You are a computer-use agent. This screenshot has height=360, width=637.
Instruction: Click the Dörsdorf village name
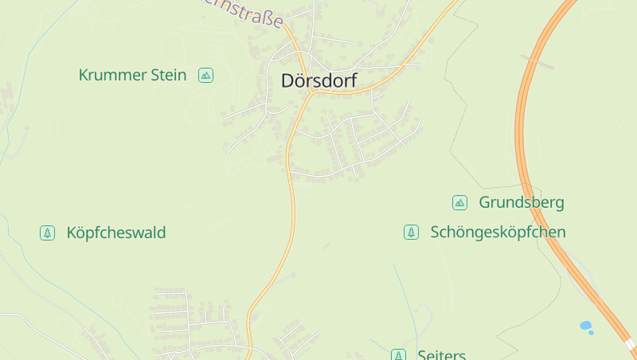(x=318, y=80)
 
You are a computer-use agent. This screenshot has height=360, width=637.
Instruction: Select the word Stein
(x=169, y=76)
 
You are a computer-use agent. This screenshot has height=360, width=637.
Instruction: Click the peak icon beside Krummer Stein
(x=206, y=75)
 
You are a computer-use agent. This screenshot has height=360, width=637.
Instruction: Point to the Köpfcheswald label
(x=116, y=233)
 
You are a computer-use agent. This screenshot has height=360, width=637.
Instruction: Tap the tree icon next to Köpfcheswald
(x=48, y=233)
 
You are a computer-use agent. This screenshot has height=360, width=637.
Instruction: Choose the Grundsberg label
(x=521, y=202)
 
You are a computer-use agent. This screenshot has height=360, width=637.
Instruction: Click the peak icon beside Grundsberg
(x=459, y=202)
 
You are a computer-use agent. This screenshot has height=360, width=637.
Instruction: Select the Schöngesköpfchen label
(x=498, y=232)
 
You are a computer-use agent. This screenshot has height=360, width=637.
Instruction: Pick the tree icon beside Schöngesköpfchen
(x=411, y=232)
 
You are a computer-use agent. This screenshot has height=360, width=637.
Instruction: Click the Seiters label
(x=441, y=354)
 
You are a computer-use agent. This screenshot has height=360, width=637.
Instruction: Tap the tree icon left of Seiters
(x=398, y=354)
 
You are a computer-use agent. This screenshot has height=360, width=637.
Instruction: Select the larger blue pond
(x=586, y=325)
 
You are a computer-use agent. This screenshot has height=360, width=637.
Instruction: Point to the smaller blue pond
(x=591, y=332)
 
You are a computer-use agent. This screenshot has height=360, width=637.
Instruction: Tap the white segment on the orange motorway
(x=630, y=344)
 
